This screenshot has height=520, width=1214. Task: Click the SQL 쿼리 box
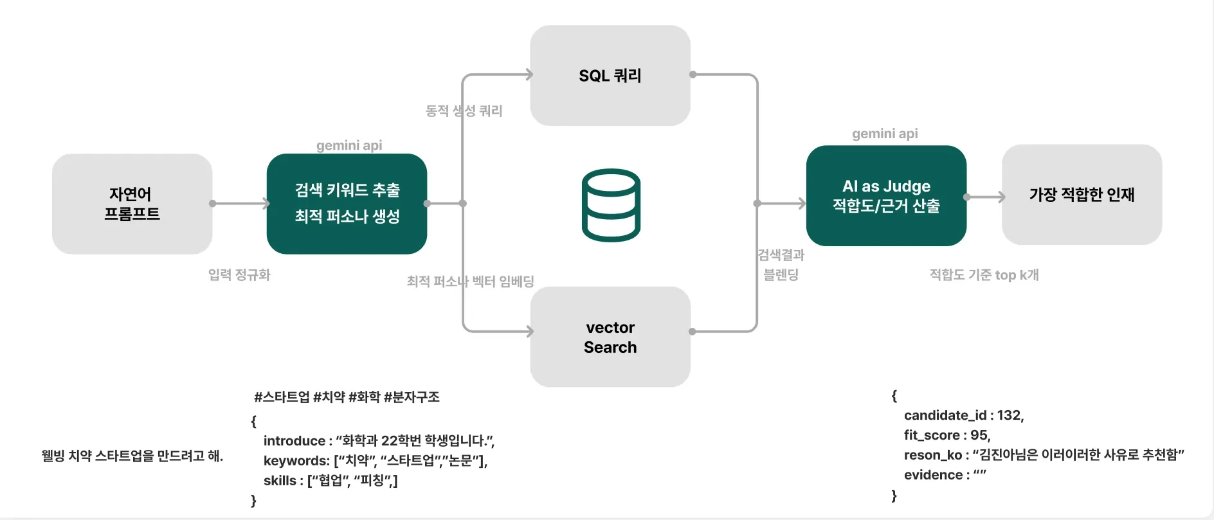click(610, 75)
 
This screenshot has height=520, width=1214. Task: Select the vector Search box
click(610, 337)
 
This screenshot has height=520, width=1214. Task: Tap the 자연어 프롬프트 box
click(132, 204)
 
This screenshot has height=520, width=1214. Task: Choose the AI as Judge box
click(886, 195)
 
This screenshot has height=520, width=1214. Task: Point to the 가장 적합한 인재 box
click(1082, 194)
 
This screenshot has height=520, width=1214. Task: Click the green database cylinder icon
click(610, 205)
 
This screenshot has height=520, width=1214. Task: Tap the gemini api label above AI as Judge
click(885, 134)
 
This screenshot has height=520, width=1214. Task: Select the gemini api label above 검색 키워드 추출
click(349, 145)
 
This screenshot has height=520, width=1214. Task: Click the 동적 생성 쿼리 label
click(464, 111)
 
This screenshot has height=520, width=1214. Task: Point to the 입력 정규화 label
click(239, 275)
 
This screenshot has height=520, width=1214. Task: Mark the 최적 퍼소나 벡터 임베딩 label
click(470, 282)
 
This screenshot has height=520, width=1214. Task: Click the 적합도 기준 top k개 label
click(984, 275)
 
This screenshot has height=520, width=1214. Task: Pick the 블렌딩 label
click(781, 274)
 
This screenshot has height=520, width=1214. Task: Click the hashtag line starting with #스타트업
click(347, 397)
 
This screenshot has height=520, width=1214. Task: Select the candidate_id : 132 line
click(963, 415)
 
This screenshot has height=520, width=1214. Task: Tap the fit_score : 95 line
click(947, 435)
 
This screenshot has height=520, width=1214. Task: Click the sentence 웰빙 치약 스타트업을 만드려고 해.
click(132, 456)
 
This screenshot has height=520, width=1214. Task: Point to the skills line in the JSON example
click(330, 481)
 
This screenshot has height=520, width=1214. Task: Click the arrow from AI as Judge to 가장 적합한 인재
click(985, 197)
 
